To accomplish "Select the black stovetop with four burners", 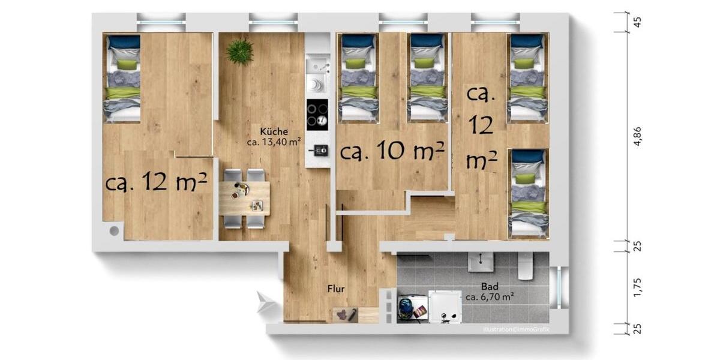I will point(317,113).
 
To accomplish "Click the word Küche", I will point(274,132).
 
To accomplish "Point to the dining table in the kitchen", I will point(244,197).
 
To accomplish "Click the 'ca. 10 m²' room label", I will point(392,151).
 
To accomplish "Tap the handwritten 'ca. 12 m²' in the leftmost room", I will point(157,181).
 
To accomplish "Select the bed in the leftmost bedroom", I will point(123,78).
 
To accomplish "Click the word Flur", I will point(336,289).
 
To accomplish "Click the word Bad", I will point(490,286).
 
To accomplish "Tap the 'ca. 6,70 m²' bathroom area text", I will point(490,296).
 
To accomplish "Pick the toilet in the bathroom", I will point(526,266).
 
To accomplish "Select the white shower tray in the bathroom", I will point(445,307).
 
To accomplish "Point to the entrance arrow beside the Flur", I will point(265,302).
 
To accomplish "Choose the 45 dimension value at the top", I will point(638,22).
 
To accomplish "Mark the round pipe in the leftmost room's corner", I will point(113,230).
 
